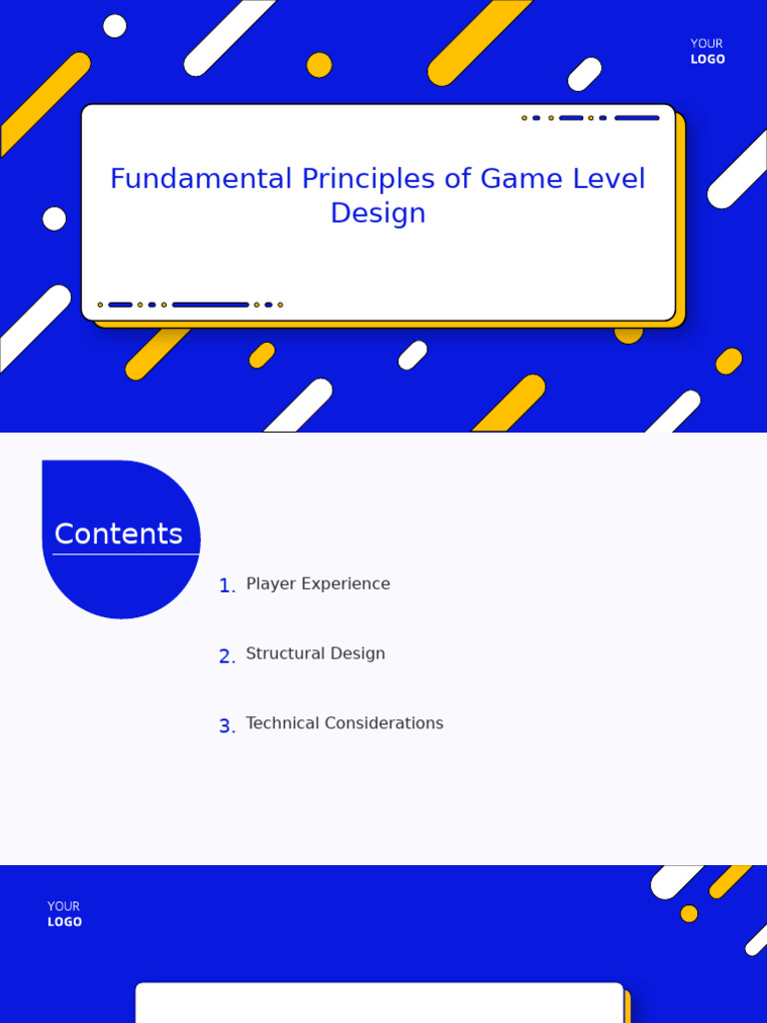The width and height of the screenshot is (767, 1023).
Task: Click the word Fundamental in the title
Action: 201,178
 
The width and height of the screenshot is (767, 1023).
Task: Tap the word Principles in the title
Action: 368,180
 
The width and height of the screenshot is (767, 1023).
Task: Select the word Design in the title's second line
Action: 379,214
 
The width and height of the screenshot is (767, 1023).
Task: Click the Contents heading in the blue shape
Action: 119,533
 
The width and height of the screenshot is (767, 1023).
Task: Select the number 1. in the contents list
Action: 227,585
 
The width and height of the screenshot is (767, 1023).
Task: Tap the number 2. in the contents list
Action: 227,655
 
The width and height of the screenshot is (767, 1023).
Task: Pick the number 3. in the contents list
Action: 227,725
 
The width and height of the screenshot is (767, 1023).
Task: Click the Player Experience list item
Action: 319,583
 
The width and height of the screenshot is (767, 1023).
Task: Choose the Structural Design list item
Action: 316,653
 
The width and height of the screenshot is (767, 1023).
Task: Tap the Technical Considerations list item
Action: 345,723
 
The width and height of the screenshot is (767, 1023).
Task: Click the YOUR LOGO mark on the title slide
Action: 708,51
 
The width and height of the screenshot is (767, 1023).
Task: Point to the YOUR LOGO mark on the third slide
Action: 65,913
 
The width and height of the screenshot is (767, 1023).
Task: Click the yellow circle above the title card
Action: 319,65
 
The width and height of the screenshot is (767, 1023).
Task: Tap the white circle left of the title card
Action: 54,219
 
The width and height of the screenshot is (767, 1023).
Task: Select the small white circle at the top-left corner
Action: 115,26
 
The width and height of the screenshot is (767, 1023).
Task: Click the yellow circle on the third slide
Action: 689,913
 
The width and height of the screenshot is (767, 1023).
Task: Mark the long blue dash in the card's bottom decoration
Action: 211,305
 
